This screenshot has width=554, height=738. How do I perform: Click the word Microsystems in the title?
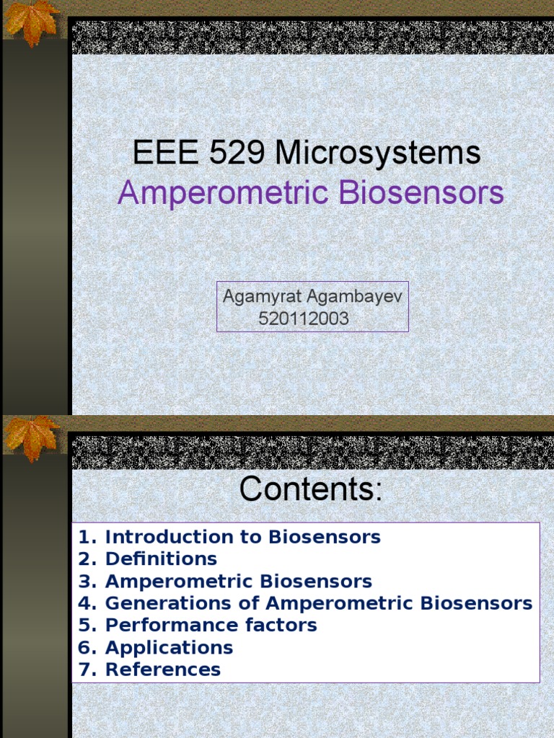[378, 154]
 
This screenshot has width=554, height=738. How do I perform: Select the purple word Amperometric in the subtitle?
[206, 194]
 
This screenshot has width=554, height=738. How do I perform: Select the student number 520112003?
[303, 319]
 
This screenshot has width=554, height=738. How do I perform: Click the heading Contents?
[311, 489]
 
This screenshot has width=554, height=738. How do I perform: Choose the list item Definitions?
[161, 559]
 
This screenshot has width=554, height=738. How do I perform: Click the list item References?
[162, 670]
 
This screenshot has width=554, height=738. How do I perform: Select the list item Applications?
[169, 647]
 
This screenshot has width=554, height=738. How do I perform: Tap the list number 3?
[87, 581]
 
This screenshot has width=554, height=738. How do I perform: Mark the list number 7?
[87, 670]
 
